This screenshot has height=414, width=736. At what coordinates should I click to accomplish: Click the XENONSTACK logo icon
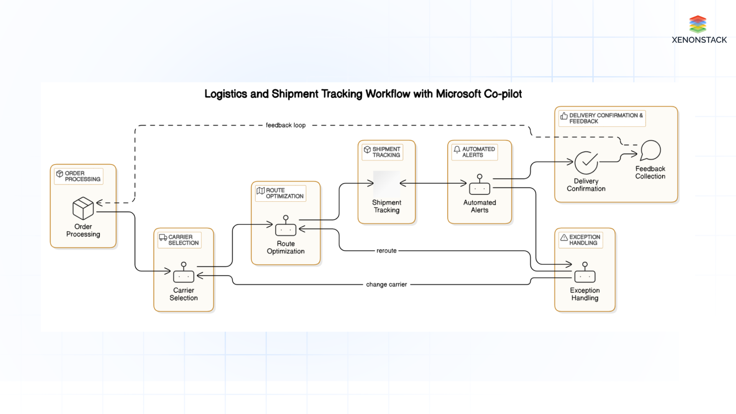[698, 24]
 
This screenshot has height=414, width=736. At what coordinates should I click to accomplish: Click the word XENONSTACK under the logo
[699, 40]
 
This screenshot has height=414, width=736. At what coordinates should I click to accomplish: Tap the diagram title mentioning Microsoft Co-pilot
[363, 94]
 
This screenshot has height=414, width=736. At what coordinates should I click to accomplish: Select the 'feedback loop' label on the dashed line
[286, 125]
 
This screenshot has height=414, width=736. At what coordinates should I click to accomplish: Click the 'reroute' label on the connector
[386, 251]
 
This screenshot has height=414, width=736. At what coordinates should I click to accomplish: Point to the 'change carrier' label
[386, 284]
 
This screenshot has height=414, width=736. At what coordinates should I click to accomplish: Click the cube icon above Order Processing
[83, 208]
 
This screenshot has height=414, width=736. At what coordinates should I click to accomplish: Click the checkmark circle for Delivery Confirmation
[586, 163]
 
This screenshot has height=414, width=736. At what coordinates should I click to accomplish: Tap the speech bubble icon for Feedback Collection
[651, 150]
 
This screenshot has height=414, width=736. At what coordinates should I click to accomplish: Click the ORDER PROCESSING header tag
[79, 176]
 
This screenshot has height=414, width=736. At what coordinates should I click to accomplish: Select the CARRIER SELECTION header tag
[179, 240]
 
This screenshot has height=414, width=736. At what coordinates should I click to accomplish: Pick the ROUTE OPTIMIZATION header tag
[281, 193]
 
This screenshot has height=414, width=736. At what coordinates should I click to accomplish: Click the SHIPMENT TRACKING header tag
[382, 152]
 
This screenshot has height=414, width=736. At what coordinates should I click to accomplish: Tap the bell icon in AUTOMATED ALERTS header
[457, 149]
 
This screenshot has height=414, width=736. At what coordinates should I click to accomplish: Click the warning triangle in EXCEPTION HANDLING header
[564, 237]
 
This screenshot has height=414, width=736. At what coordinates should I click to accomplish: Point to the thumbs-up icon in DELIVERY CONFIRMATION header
[564, 116]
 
